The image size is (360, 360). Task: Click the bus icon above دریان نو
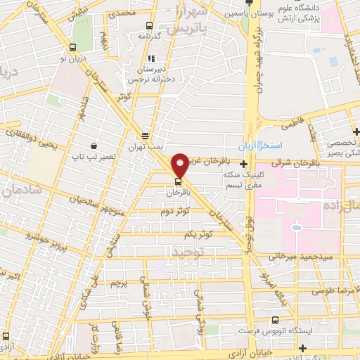point(73,47)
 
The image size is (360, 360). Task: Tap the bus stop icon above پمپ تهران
point(146,136)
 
